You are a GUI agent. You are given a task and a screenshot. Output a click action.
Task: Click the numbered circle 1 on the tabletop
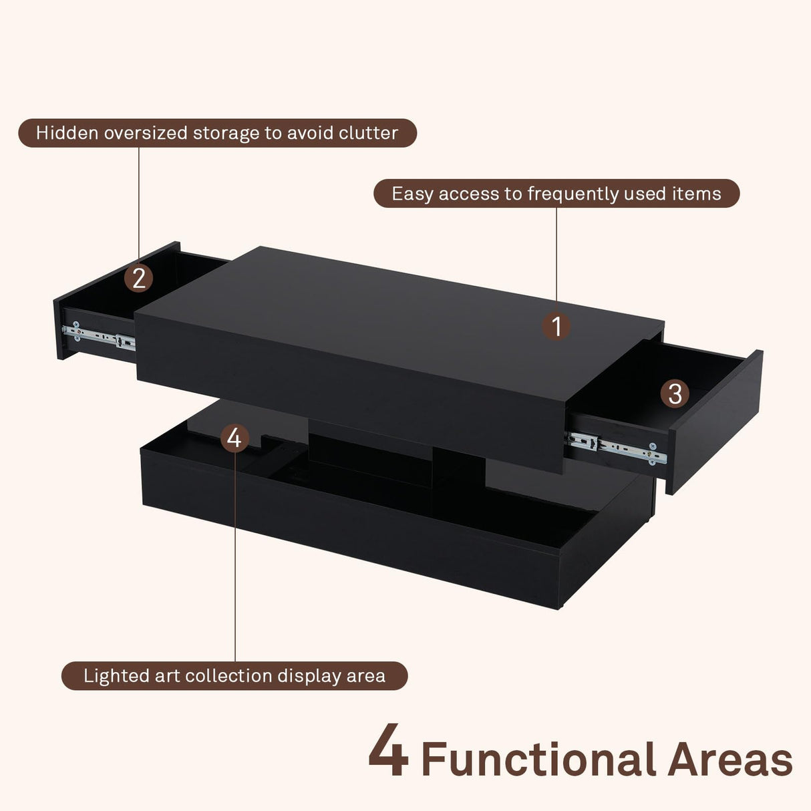point(556,327)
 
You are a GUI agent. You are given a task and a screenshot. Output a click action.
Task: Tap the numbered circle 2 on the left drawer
point(138,278)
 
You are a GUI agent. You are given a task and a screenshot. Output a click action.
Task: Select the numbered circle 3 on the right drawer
point(675,393)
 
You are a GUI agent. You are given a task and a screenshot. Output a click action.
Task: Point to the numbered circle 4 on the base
point(234,438)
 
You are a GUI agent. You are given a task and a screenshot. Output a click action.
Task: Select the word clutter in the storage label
point(368,133)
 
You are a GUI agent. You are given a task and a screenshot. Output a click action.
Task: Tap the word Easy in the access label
point(412,194)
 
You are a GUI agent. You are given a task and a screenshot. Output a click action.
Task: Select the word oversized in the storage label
point(145,133)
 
